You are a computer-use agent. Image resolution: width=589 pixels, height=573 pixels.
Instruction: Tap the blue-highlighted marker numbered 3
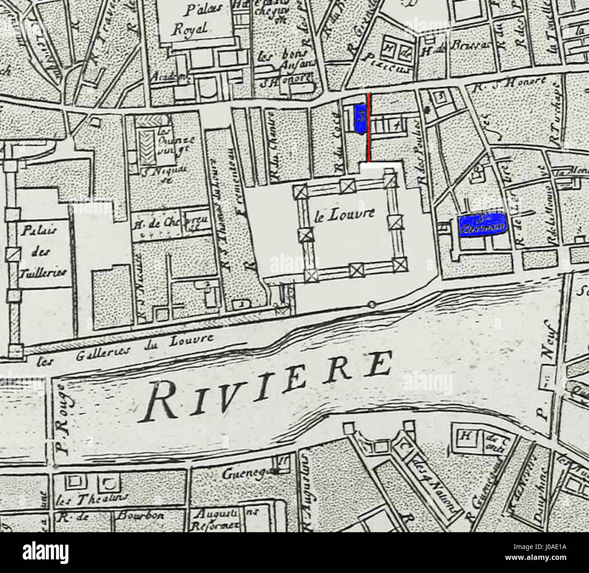click(x=361, y=119)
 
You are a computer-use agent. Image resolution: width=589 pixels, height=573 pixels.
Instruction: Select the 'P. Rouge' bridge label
click(x=63, y=417)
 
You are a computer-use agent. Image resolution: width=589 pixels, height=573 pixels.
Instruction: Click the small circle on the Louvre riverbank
click(x=372, y=305)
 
